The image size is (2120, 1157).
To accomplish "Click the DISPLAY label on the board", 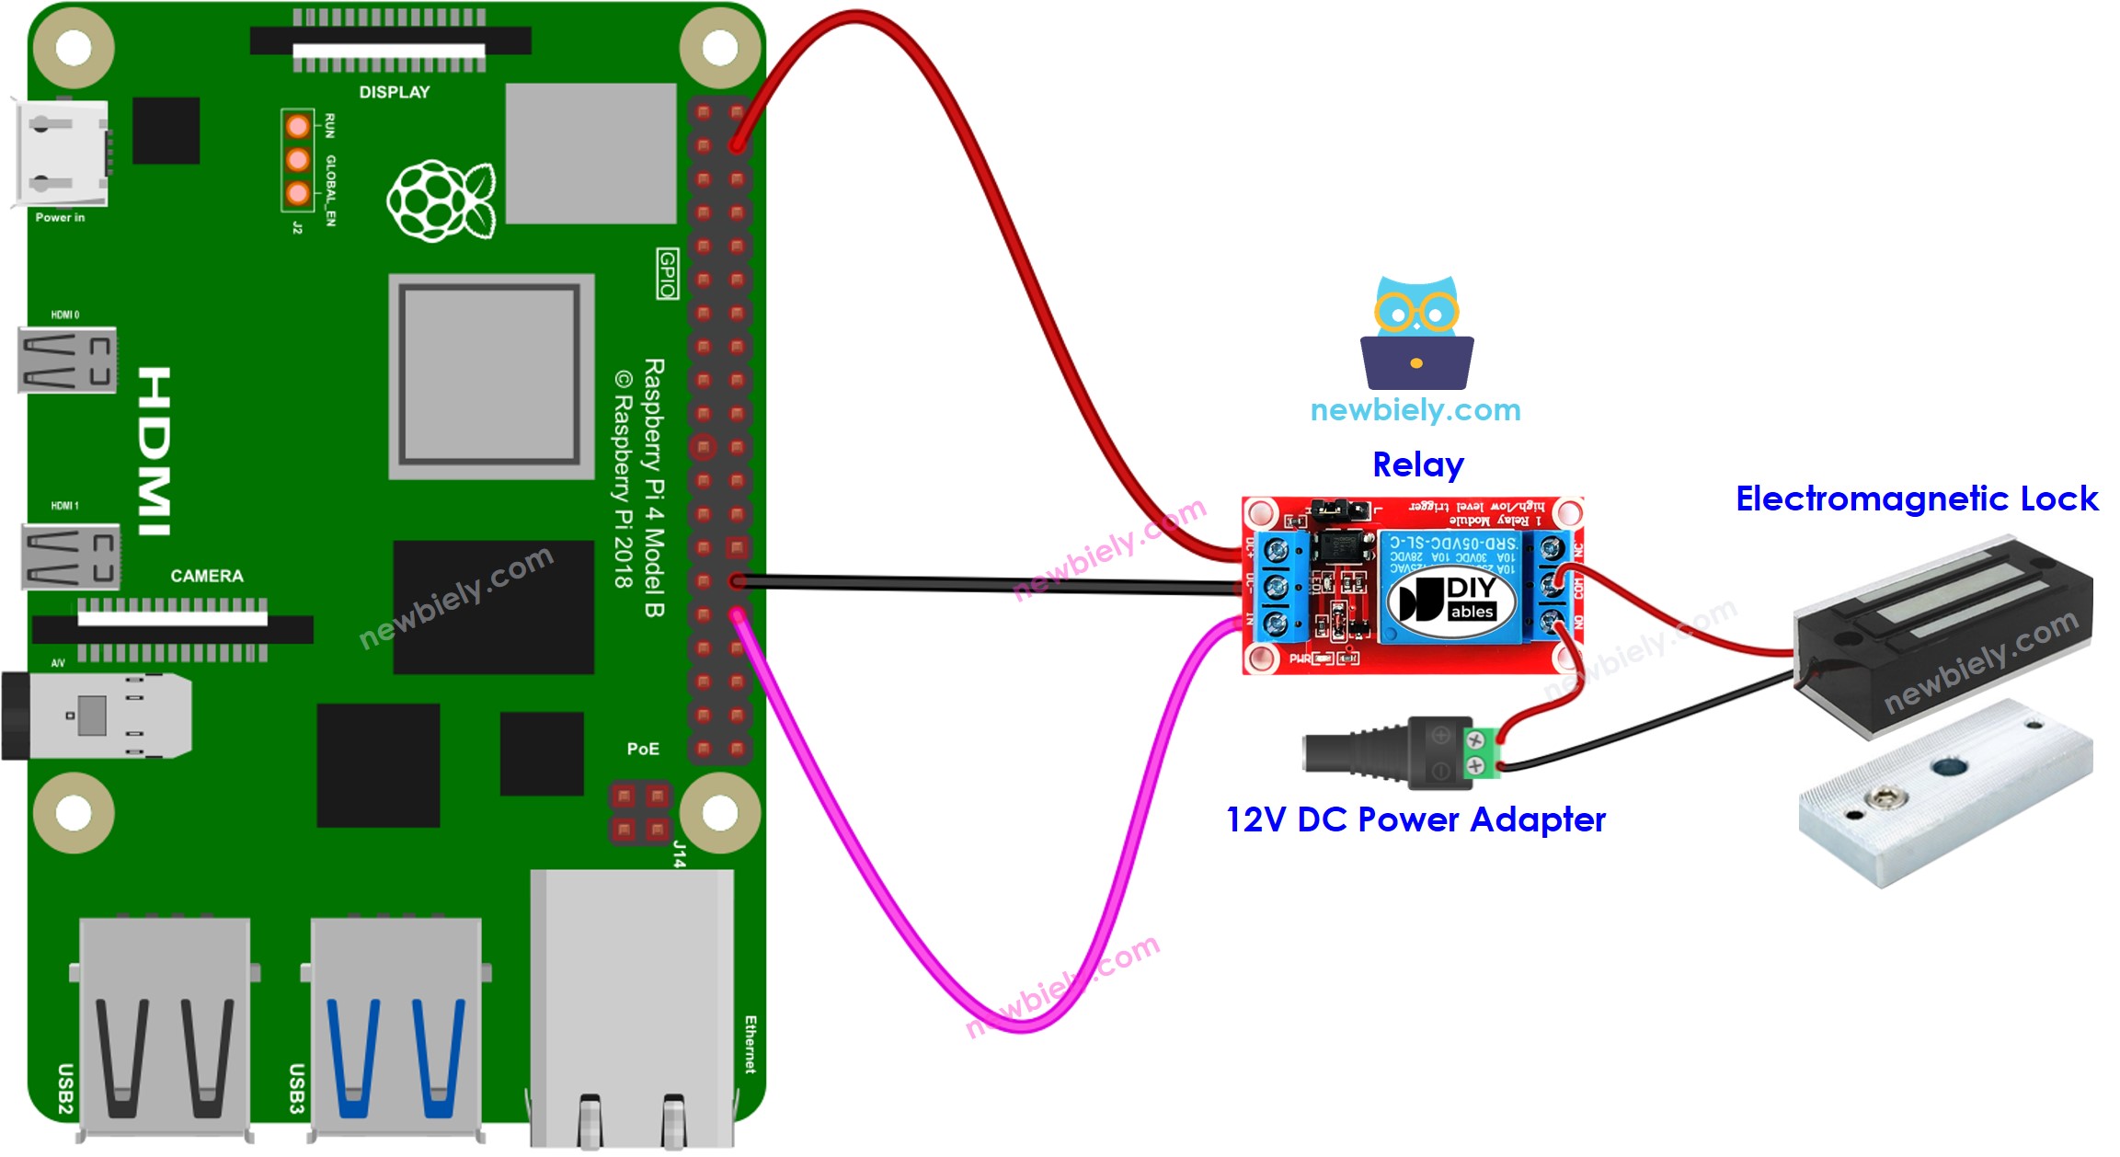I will click(395, 92).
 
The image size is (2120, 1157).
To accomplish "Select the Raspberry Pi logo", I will click(441, 200).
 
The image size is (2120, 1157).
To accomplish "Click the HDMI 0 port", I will click(67, 360).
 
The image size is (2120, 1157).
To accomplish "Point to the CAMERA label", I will click(207, 576).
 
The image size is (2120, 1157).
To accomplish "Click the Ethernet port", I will click(633, 1002).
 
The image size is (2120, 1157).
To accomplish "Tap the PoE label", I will click(643, 749).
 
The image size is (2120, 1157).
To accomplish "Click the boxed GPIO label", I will click(668, 273).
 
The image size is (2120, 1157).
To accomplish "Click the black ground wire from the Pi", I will click(993, 583).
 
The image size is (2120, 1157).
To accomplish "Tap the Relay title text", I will click(1417, 464).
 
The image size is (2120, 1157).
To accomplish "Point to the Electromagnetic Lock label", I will click(1917, 498).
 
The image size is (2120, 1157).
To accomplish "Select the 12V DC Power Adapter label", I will click(1415, 819).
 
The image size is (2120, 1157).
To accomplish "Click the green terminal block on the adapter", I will click(1479, 751).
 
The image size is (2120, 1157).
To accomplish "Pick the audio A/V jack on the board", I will click(97, 716).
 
